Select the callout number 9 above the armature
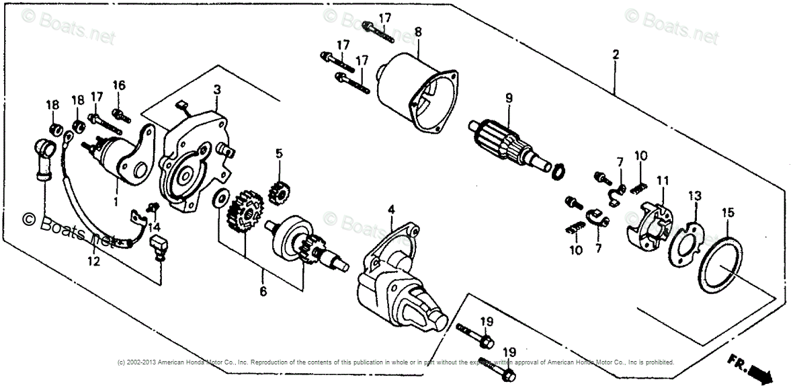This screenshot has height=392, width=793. [x=509, y=98]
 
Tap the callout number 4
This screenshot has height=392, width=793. [x=391, y=210]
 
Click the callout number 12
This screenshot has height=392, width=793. [x=93, y=261]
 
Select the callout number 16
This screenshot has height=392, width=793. [x=119, y=85]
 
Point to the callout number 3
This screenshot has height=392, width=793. [x=217, y=89]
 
